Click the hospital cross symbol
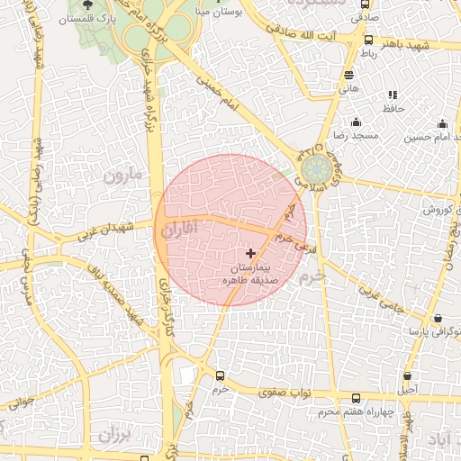point(249,255)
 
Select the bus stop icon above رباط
point(368,40)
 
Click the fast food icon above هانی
point(348,76)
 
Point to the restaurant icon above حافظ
point(392,95)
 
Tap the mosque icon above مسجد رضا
point(356,122)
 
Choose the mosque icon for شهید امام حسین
point(442,124)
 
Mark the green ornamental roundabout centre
point(316,168)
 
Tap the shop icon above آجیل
point(408,376)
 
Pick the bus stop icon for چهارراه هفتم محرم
point(356,398)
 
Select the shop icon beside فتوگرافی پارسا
point(438,319)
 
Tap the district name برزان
point(114,436)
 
